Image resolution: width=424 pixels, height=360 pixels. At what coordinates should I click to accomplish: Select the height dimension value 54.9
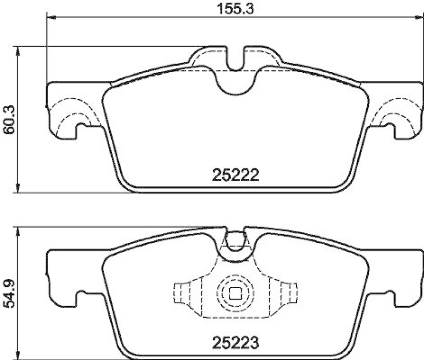[x=7, y=293]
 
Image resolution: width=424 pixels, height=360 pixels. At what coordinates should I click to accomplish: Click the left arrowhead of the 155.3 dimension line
[x=51, y=17]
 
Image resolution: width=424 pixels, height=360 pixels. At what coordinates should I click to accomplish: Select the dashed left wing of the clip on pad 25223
[x=183, y=292]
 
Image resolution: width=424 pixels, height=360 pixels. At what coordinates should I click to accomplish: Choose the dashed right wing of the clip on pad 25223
[x=287, y=292]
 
